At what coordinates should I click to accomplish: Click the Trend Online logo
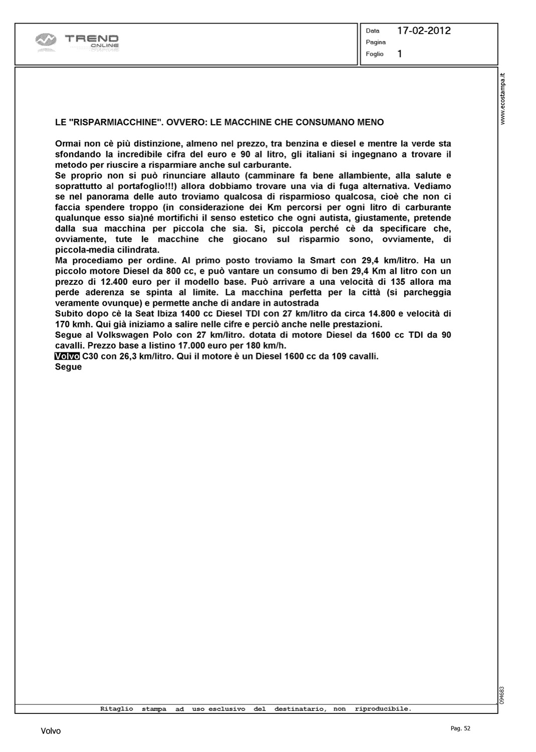[x=78, y=42]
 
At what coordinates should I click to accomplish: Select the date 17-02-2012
[x=424, y=31]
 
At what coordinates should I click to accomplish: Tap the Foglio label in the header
[x=375, y=54]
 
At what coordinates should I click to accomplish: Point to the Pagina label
[x=376, y=42]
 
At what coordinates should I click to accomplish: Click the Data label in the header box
[x=373, y=31]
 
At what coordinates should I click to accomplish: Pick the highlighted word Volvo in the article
[x=67, y=356]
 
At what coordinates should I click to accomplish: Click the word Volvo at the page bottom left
[x=51, y=731]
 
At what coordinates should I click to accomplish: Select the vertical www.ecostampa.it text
[x=503, y=98]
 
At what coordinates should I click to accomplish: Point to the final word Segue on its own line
[x=68, y=367]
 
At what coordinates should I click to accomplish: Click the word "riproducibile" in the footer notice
[x=383, y=709]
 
